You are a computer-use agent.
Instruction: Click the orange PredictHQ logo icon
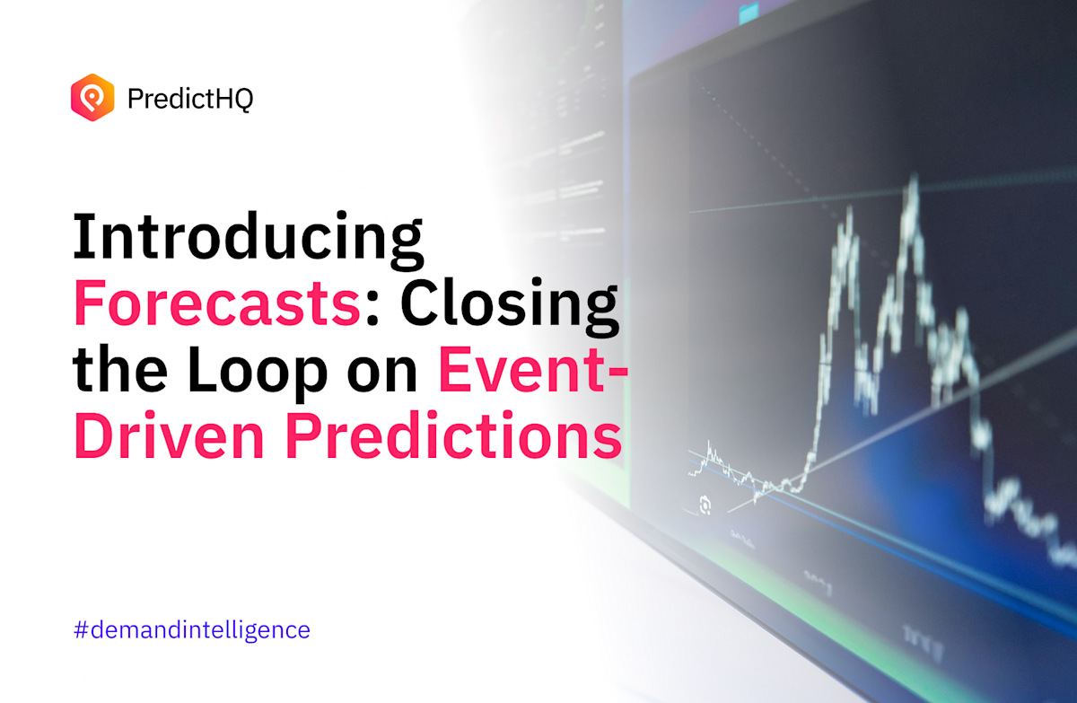[92, 97]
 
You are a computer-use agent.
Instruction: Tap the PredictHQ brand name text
[190, 98]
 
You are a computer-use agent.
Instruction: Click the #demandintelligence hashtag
[191, 629]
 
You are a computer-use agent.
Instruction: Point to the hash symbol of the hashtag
[80, 629]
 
